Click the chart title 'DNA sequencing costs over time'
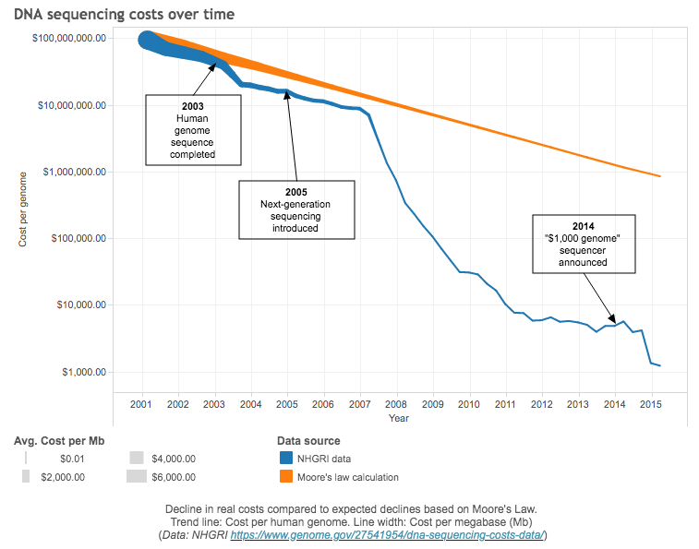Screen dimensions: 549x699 [x=124, y=14]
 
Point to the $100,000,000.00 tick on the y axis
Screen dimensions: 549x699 [x=68, y=39]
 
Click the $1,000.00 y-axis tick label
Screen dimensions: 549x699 [x=83, y=372]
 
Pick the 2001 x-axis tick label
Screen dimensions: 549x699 [x=141, y=404]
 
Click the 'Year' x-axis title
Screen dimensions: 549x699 [x=398, y=419]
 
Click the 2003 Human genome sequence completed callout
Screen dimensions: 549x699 [x=194, y=130]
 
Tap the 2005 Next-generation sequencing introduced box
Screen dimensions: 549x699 [x=296, y=209]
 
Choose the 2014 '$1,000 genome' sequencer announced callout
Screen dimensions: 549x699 [x=583, y=244]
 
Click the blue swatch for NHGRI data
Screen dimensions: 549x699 [x=285, y=458]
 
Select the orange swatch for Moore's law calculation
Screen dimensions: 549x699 [x=285, y=476]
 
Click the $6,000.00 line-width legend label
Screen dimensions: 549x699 [x=173, y=477]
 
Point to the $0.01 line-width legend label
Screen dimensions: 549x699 [x=72, y=458]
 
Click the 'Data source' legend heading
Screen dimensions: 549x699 [x=308, y=441]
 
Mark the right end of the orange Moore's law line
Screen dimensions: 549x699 [x=660, y=176]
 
